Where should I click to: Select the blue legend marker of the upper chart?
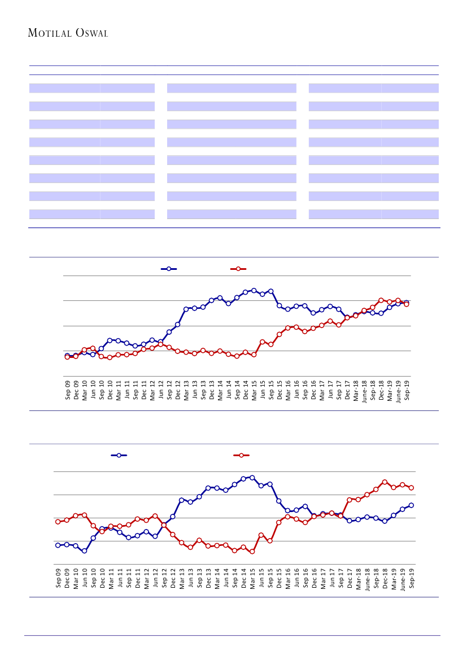(x=169, y=269)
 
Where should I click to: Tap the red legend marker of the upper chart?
(x=238, y=269)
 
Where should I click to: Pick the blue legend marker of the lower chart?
(x=119, y=455)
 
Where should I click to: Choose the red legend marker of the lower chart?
(x=242, y=455)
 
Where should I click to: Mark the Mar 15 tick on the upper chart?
(x=254, y=390)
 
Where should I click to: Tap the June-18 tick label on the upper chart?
(x=364, y=389)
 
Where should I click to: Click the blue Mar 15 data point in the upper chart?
(x=254, y=290)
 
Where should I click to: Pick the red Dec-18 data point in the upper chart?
(x=381, y=300)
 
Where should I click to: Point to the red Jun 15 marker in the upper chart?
(x=263, y=342)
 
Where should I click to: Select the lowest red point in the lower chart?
(x=252, y=552)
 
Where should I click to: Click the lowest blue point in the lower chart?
(x=84, y=551)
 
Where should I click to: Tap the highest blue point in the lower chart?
(x=252, y=478)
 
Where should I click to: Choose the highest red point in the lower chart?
(x=385, y=482)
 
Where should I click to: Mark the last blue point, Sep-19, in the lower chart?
(x=411, y=505)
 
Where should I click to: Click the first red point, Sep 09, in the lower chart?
(x=58, y=522)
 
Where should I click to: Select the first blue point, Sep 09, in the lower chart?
(x=58, y=545)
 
